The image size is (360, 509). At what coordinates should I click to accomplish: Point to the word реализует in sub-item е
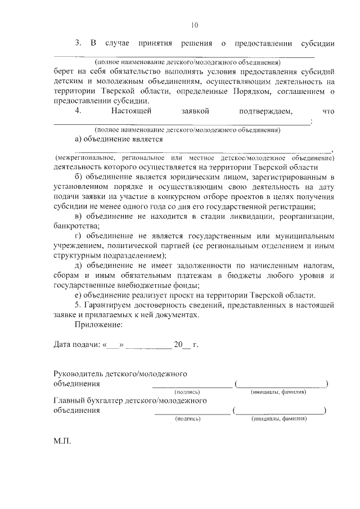tap(151, 295)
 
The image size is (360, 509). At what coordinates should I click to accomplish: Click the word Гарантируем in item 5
tap(111, 305)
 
